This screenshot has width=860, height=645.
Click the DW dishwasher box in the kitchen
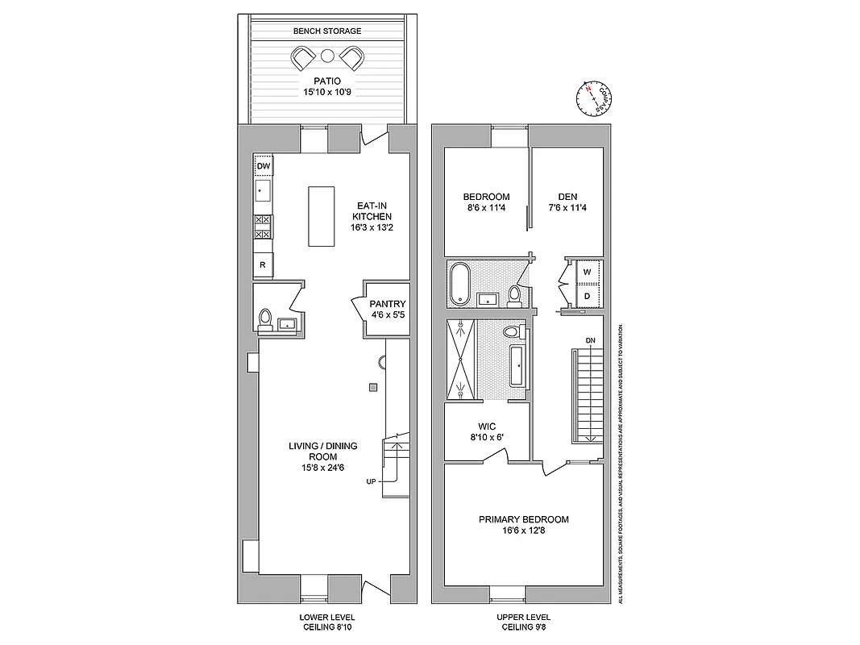[264, 167]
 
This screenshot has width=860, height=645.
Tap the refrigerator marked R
[264, 264]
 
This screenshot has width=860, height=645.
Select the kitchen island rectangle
[321, 217]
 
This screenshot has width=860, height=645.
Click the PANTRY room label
[387, 304]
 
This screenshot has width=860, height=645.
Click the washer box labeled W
[587, 273]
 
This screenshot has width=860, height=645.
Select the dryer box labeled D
[587, 296]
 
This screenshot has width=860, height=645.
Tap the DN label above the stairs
[590, 340]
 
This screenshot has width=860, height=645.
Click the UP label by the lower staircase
[371, 482]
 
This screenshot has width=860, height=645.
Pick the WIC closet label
[486, 426]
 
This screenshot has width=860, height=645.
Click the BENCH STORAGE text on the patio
[326, 31]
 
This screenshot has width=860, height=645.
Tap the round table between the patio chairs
[327, 56]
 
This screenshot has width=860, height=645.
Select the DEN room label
[567, 197]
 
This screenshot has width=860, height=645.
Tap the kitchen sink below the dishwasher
[264, 192]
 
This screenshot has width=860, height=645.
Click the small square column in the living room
[373, 387]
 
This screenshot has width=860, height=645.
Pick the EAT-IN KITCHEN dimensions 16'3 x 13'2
[371, 228]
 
